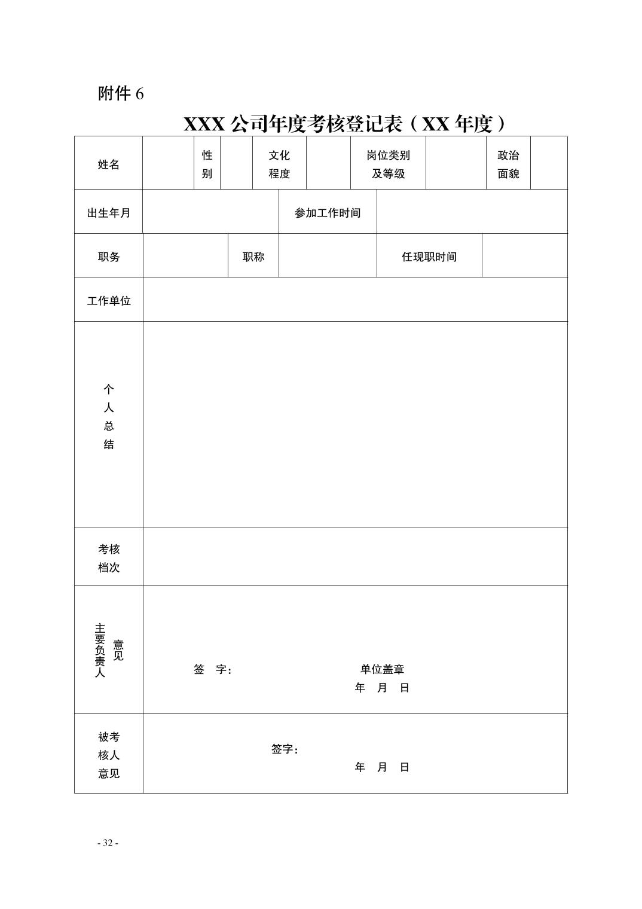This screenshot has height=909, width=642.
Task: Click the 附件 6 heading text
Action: coord(121,94)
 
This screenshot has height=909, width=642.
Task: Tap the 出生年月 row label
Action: coord(108,213)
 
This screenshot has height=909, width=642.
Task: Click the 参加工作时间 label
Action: coord(328,213)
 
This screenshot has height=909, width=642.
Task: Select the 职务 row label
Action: coord(108,257)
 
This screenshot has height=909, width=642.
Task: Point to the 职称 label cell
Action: coord(253,257)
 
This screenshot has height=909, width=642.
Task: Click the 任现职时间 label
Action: coord(429,257)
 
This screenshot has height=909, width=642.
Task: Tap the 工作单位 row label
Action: coord(108,301)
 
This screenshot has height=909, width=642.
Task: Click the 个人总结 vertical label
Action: coord(108,417)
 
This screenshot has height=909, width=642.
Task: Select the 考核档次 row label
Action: coord(108,558)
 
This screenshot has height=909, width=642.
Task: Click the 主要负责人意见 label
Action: coord(108,650)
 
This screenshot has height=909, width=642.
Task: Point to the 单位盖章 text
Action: coord(383,669)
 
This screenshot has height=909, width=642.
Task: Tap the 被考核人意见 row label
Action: coord(108,755)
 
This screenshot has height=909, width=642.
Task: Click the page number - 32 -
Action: coord(108,843)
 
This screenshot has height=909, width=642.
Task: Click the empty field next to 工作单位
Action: coord(355,300)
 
